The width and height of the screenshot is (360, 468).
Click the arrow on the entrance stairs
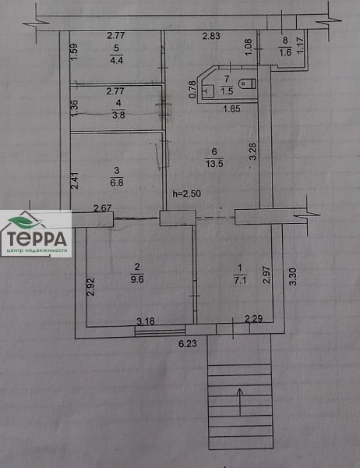click(241, 401)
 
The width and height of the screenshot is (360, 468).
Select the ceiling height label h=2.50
click(187, 194)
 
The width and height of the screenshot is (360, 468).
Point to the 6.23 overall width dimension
click(188, 344)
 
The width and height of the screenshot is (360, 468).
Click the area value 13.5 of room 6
click(214, 164)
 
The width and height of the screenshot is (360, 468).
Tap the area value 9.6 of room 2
click(137, 279)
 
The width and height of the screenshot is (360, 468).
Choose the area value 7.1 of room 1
click(241, 280)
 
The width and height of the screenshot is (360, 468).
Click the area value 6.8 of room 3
click(117, 183)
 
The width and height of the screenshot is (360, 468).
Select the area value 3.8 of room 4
click(118, 115)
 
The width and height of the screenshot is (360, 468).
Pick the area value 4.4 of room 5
click(117, 60)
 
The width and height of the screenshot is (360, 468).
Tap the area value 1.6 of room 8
click(285, 53)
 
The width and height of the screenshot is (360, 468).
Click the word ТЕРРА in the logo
click(37, 239)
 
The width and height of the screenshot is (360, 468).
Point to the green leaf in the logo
click(25, 222)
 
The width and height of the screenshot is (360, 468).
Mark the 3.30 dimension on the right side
click(294, 277)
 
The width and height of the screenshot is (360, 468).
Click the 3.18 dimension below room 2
click(146, 321)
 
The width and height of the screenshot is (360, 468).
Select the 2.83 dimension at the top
click(211, 36)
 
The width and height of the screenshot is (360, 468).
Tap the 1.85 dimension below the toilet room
click(231, 108)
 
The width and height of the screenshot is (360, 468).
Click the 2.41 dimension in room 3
click(75, 180)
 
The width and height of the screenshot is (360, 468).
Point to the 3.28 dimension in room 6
click(252, 151)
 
